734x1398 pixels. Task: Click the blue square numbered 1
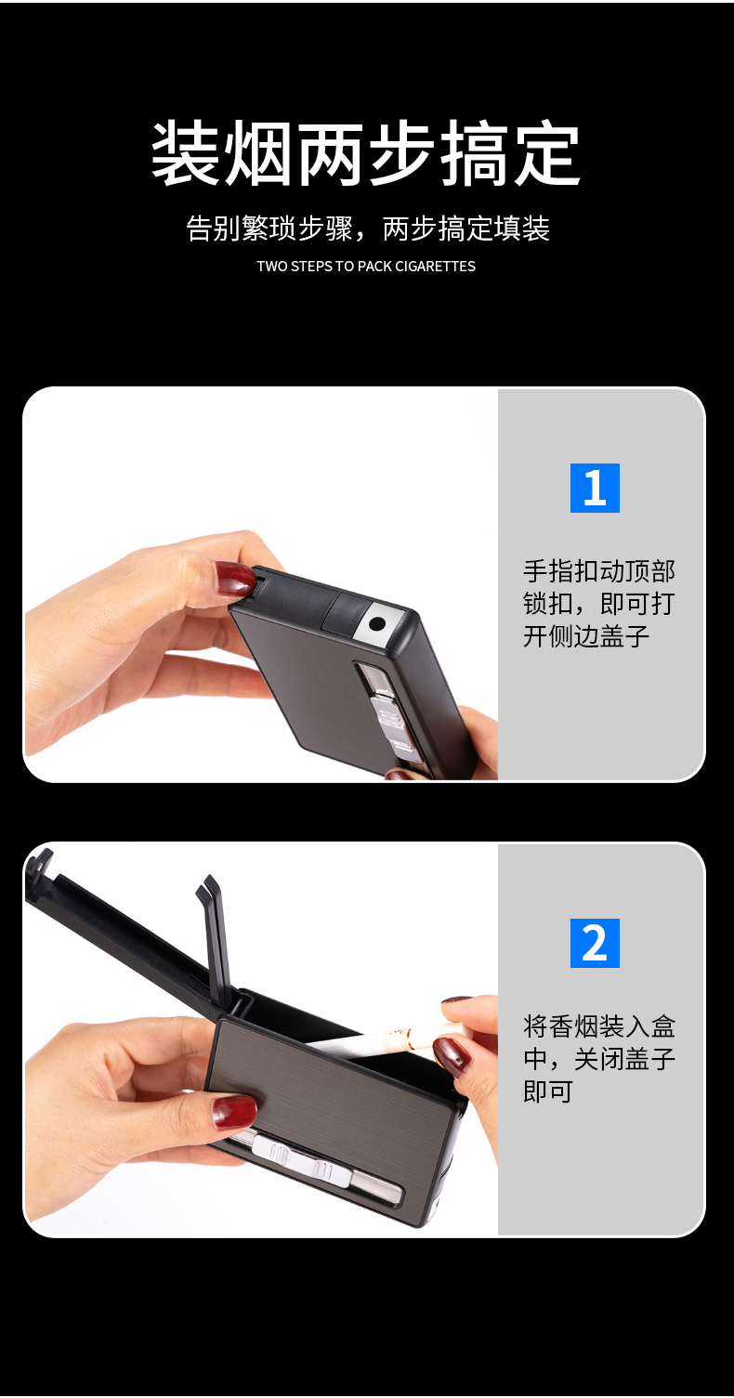click(x=595, y=488)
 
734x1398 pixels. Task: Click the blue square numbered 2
click(x=595, y=943)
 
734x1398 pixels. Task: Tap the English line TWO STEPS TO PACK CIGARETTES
click(x=366, y=267)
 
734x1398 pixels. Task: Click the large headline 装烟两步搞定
click(x=366, y=154)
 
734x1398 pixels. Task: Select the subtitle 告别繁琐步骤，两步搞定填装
click(x=368, y=229)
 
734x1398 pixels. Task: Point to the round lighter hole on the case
click(x=377, y=623)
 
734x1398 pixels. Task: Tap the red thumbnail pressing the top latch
click(x=235, y=579)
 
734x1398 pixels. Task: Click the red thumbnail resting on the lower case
click(x=234, y=1113)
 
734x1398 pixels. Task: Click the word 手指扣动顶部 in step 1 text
click(x=599, y=571)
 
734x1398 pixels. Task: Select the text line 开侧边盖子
click(x=586, y=636)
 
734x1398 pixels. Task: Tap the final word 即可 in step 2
click(x=548, y=1091)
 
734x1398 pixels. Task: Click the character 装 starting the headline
click(x=186, y=154)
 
